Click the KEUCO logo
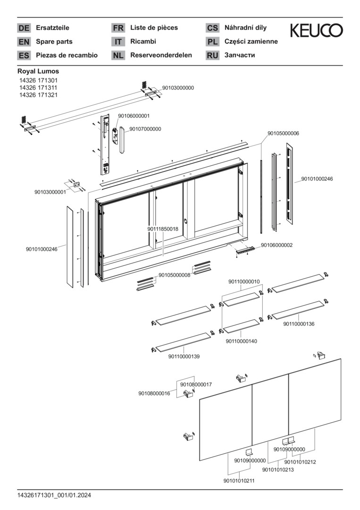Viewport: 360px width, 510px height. click(316, 31)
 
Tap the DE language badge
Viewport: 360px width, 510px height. click(24, 28)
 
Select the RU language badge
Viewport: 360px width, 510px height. click(212, 55)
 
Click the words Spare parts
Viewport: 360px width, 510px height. click(54, 42)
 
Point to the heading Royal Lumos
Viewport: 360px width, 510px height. click(38, 71)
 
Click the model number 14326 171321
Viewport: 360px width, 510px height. click(38, 94)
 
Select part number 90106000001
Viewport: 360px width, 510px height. click(134, 116)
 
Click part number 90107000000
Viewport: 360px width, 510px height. click(145, 129)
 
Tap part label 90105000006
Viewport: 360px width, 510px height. click(283, 134)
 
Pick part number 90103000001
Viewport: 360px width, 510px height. click(50, 192)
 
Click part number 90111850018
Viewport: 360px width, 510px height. click(163, 229)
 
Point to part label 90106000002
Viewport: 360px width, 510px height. click(276, 245)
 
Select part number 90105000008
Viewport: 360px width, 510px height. click(174, 275)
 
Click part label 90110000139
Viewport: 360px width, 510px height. click(184, 357)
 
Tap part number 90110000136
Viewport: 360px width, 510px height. click(299, 324)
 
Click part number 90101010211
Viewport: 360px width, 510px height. click(239, 481)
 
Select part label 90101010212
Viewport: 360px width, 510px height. click(300, 462)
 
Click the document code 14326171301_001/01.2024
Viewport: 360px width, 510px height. click(54, 495)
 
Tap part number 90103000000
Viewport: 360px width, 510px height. click(178, 88)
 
